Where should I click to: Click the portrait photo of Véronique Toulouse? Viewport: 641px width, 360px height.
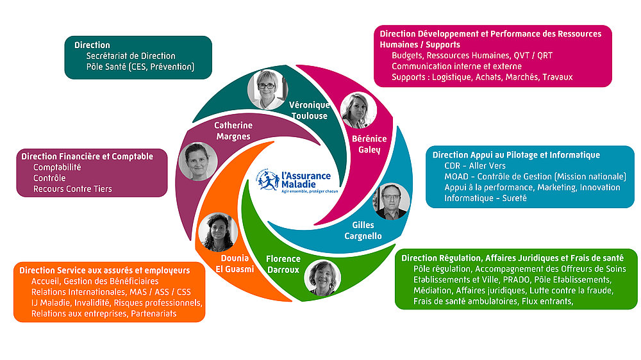tap(268, 90)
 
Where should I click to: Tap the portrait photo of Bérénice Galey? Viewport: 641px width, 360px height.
tap(358, 110)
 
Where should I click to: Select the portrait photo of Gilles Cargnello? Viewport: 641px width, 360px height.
tap(391, 201)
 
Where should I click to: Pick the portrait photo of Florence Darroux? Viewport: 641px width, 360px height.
tap(322, 278)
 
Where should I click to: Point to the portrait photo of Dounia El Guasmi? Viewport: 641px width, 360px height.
tap(218, 232)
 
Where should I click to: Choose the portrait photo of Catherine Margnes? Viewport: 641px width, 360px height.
tap(198, 161)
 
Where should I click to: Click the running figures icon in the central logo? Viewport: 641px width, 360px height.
tap(268, 181)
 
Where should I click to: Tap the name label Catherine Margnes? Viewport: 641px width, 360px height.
tap(233, 131)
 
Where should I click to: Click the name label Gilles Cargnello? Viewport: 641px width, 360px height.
tap(363, 231)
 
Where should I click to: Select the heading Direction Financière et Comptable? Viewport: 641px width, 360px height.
tap(87, 156)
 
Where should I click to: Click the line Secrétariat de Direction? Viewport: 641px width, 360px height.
tap(131, 56)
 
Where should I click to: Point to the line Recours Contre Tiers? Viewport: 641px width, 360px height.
tap(72, 189)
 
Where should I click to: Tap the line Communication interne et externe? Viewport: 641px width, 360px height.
tap(456, 66)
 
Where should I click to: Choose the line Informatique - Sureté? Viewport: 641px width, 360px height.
tap(485, 198)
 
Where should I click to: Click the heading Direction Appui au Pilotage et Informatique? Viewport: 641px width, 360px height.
tap(516, 155)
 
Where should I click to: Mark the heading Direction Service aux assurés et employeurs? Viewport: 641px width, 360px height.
tap(104, 270)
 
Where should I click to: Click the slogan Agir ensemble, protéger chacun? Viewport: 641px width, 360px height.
tap(310, 192)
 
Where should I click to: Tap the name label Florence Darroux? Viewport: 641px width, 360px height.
tap(283, 265)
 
